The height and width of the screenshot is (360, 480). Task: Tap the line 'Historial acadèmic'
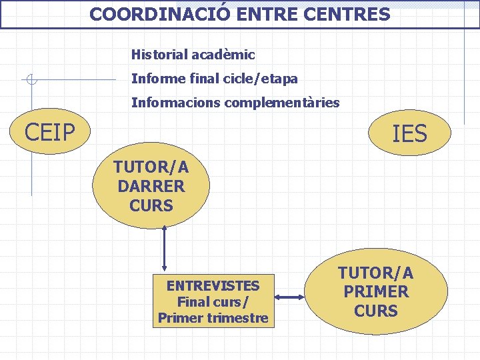(193, 55)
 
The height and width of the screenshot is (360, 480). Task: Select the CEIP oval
(49, 131)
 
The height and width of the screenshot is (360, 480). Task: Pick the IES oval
(409, 134)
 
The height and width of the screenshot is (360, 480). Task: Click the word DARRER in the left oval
(151, 186)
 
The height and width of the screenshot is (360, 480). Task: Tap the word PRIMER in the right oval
(376, 292)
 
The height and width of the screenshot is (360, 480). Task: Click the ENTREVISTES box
(213, 301)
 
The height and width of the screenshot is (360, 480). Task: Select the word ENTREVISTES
(213, 286)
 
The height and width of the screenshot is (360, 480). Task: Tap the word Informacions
(175, 103)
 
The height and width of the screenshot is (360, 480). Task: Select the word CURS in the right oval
(376, 311)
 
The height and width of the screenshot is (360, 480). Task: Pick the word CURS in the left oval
(151, 205)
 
